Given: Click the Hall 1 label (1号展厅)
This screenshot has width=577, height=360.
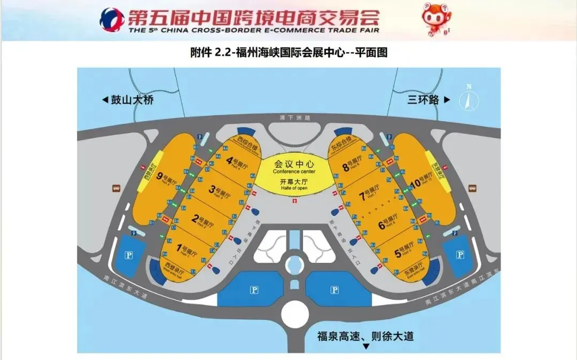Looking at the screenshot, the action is click(187, 249).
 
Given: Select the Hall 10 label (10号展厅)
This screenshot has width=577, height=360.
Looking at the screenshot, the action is click(422, 180).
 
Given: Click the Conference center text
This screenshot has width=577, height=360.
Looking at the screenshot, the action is click(294, 171).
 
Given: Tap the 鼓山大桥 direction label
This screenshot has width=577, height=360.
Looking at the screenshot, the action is click(128, 100).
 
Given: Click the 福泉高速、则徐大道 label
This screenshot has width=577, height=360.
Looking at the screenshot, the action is click(365, 336).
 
